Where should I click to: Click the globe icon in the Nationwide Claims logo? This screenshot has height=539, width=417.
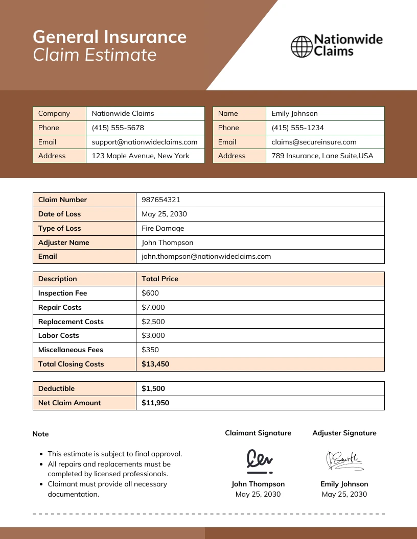(x=301, y=46)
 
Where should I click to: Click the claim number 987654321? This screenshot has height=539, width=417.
(x=161, y=200)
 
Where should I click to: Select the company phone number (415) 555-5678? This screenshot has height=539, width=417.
(x=118, y=128)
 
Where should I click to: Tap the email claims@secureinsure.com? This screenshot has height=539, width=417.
(x=314, y=142)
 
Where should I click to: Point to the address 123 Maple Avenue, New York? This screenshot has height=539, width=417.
(x=140, y=156)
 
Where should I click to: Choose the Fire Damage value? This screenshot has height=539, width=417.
(x=163, y=228)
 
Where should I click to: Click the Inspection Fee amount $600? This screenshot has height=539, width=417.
(x=150, y=293)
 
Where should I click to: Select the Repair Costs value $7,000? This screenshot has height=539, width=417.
(x=153, y=307)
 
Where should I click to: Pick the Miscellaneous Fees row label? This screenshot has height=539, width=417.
(x=71, y=350)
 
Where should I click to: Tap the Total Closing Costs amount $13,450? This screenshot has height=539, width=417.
(x=155, y=364)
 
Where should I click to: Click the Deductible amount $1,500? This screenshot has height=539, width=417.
(x=153, y=388)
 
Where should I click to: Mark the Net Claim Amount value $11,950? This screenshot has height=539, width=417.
(x=155, y=403)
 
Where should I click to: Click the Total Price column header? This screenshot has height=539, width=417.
(x=160, y=279)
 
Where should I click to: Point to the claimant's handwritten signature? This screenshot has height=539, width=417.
(x=259, y=459)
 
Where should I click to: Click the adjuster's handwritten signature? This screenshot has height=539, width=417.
(x=344, y=460)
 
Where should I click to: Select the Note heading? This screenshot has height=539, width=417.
(x=40, y=434)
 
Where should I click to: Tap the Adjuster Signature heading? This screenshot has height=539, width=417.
(x=344, y=433)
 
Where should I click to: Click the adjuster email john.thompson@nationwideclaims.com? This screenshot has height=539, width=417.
(x=206, y=256)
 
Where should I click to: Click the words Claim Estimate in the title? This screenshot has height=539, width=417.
(x=95, y=55)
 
